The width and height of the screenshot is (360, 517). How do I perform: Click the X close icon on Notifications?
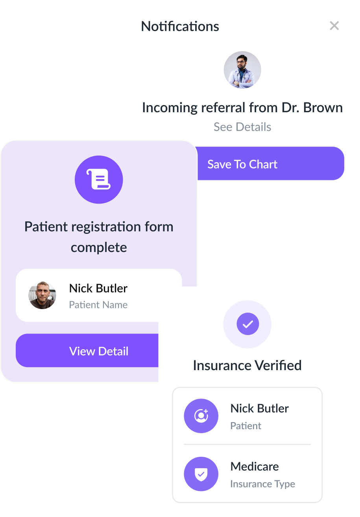(334, 26)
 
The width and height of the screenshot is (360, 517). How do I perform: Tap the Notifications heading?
(180, 26)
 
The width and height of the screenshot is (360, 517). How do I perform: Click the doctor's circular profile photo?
(242, 70)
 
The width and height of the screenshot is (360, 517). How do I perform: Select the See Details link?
(242, 127)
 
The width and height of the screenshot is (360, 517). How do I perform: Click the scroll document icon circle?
(99, 180)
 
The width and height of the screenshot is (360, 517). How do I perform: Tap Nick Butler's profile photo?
(42, 295)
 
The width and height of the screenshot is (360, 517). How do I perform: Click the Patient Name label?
(98, 305)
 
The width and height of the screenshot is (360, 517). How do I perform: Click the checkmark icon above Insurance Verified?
(247, 324)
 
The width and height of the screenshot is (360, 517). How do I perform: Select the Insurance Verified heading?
(247, 365)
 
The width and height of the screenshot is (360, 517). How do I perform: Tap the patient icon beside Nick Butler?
(201, 416)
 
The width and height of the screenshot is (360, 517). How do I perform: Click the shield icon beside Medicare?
(201, 474)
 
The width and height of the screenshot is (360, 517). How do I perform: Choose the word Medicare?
(255, 467)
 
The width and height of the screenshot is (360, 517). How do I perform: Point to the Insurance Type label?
(262, 484)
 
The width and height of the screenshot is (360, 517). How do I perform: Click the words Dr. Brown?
(312, 107)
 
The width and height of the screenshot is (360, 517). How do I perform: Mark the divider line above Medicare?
(247, 445)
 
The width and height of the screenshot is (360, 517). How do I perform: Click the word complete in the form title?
(99, 247)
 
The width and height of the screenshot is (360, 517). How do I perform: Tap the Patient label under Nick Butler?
(246, 426)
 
